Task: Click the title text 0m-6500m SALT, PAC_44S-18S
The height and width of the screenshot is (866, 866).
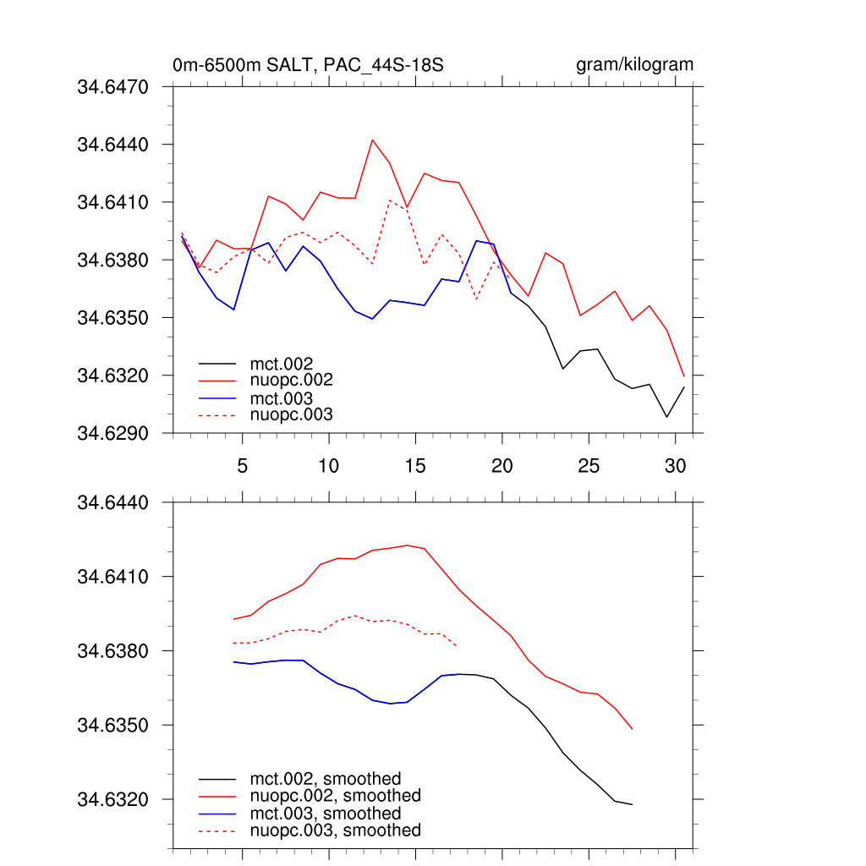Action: pos(309,65)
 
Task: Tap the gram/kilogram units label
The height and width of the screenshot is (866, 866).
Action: pos(635,65)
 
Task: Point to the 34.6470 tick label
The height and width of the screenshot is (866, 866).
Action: pos(113,86)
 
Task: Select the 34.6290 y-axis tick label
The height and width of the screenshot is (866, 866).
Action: pos(113,433)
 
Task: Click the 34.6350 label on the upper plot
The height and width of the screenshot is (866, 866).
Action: pos(113,317)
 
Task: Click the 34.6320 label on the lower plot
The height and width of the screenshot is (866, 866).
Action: pos(113,799)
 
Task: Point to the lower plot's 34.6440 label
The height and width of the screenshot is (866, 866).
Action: pos(113,502)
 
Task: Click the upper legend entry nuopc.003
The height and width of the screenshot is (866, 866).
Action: pos(292,414)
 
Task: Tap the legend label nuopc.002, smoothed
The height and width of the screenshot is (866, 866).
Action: pos(335,796)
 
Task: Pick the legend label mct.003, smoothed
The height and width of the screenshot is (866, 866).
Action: pos(326,814)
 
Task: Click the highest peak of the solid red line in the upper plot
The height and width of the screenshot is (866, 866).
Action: pos(372,140)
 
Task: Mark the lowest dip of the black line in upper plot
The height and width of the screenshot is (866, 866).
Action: pos(666,417)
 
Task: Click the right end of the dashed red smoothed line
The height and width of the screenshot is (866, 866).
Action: pos(458,646)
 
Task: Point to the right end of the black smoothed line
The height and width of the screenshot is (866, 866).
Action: pos(633,804)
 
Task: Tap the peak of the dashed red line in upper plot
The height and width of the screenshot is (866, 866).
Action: pos(389,200)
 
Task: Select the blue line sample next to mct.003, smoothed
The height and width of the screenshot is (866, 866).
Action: pos(218,814)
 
